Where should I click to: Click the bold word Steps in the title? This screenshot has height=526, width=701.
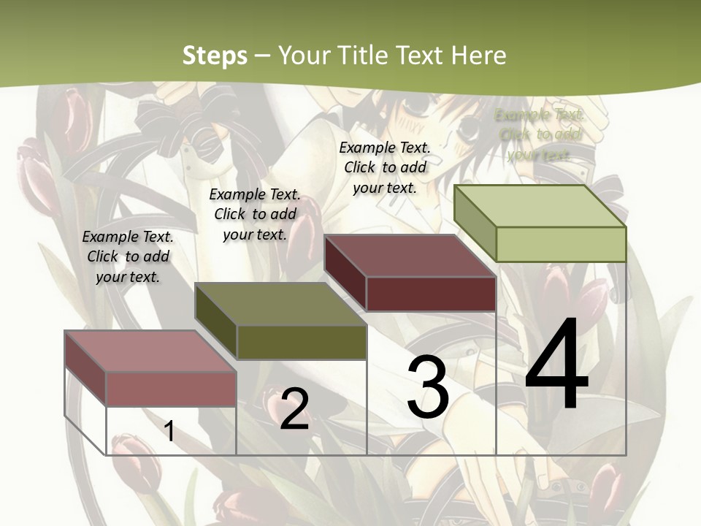pos(215,56)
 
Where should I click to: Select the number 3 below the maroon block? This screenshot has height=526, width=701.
pos(428,388)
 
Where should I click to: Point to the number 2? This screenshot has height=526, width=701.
pos(294,409)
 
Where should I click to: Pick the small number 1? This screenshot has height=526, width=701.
pos(169,431)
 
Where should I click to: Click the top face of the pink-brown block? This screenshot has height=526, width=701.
pos(150,351)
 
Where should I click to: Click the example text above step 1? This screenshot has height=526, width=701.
pos(128,256)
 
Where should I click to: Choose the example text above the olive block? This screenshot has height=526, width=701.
pos(255,214)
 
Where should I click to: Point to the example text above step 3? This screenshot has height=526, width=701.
pos(385,167)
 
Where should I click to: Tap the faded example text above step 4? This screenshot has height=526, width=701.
pos(540,134)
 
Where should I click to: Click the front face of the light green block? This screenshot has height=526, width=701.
pos(561,244)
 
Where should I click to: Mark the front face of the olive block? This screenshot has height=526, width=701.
pos(302,342)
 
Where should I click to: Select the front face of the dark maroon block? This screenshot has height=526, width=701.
pos(431,294)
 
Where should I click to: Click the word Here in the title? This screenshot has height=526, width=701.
pos(479,56)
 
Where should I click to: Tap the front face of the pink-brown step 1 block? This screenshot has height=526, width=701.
pos(171,389)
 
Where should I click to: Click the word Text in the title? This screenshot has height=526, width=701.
pos(421,56)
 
